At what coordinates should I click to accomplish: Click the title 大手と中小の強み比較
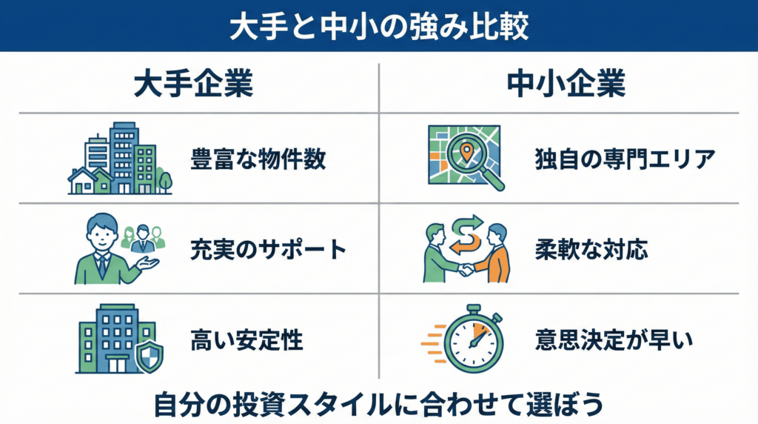click(378, 25)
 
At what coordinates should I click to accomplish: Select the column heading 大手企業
click(193, 85)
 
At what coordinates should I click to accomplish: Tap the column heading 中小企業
click(566, 85)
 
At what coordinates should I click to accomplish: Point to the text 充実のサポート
click(269, 250)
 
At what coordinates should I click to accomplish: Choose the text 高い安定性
click(246, 340)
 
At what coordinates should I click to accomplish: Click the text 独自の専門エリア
click(624, 159)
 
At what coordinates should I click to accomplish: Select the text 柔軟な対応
click(591, 250)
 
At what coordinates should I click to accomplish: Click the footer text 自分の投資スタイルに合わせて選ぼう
click(378, 405)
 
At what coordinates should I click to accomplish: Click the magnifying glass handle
click(494, 180)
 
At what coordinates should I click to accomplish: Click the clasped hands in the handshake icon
click(466, 270)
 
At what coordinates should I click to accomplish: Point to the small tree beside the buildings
click(164, 179)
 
